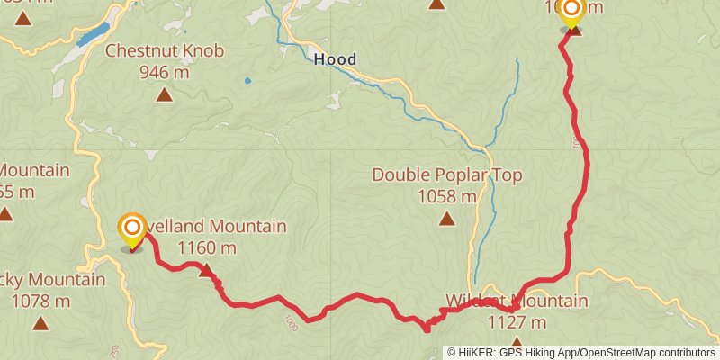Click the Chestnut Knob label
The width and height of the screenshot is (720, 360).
point(164,51)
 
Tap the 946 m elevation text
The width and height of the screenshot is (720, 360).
point(164,72)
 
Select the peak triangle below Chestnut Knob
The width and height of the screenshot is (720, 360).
point(164,94)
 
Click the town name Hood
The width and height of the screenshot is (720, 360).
point(335,60)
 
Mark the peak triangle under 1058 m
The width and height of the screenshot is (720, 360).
point(447,217)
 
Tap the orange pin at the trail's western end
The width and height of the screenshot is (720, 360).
point(132,229)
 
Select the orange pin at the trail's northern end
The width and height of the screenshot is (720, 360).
point(571,12)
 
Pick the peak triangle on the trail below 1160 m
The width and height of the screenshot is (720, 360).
point(206,269)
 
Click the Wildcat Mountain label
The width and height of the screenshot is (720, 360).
point(516,301)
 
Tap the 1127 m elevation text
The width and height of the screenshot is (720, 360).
point(516,321)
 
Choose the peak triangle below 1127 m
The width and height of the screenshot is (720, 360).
point(517,342)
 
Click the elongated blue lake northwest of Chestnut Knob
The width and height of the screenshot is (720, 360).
point(93,35)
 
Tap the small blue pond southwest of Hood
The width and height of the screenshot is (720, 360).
point(247,80)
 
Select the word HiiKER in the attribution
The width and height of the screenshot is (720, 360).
point(477,352)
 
